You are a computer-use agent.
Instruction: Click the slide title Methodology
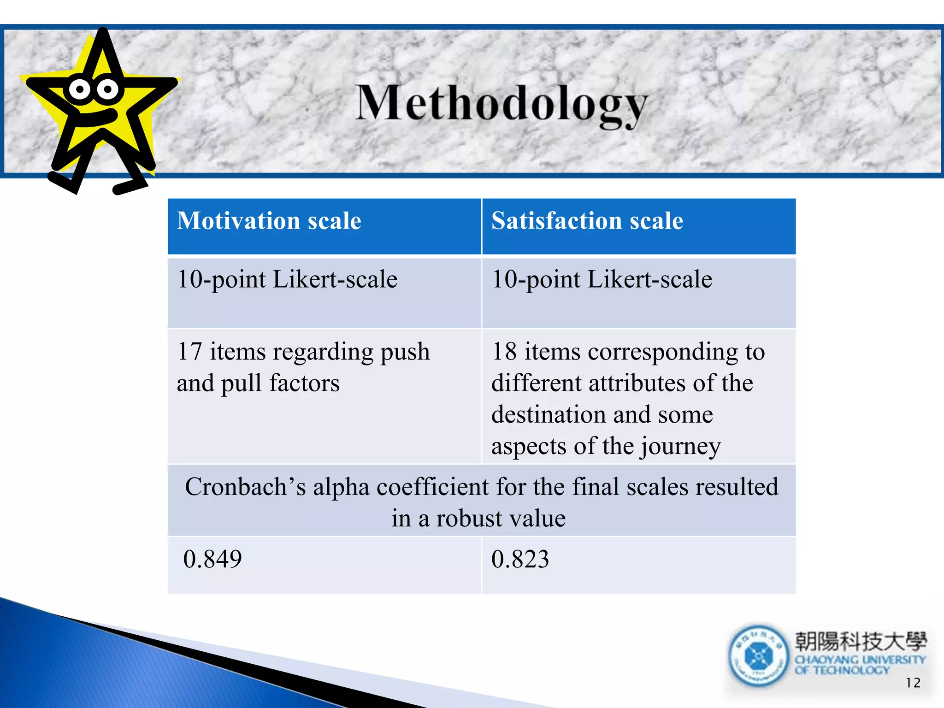(x=501, y=104)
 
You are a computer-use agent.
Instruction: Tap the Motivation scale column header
(x=269, y=221)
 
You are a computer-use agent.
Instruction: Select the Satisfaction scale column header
(x=587, y=221)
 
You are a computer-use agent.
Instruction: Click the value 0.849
(x=212, y=559)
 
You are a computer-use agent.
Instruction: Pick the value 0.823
(x=520, y=559)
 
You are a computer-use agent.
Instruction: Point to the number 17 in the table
(x=189, y=352)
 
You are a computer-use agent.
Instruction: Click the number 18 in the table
(x=504, y=352)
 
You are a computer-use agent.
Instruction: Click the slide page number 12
(x=913, y=683)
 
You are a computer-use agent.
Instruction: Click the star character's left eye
(x=80, y=89)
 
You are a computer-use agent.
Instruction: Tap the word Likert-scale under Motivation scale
(x=335, y=279)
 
